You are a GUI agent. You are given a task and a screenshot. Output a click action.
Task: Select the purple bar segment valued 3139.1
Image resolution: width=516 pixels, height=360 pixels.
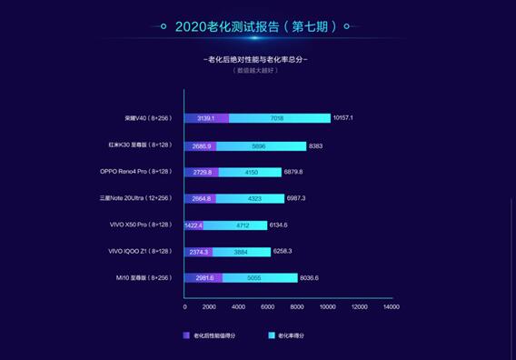tap(206, 118)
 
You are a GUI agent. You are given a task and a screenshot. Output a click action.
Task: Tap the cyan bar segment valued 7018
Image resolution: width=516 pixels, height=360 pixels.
tap(280, 118)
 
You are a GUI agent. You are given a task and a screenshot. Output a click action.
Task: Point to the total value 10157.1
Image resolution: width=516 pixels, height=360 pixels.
tap(349, 118)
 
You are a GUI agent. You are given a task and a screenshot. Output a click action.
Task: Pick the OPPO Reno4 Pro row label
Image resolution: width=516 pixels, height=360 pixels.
tap(136, 171)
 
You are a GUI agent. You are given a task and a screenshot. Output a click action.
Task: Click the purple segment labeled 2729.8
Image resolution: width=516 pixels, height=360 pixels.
tap(202, 172)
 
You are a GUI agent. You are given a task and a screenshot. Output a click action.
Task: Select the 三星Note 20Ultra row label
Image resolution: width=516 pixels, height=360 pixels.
tap(136, 197)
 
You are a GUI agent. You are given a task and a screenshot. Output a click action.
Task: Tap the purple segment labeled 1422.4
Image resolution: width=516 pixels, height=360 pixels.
tap(193, 225)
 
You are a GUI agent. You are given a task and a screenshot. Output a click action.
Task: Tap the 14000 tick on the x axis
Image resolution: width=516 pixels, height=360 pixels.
tap(391, 307)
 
